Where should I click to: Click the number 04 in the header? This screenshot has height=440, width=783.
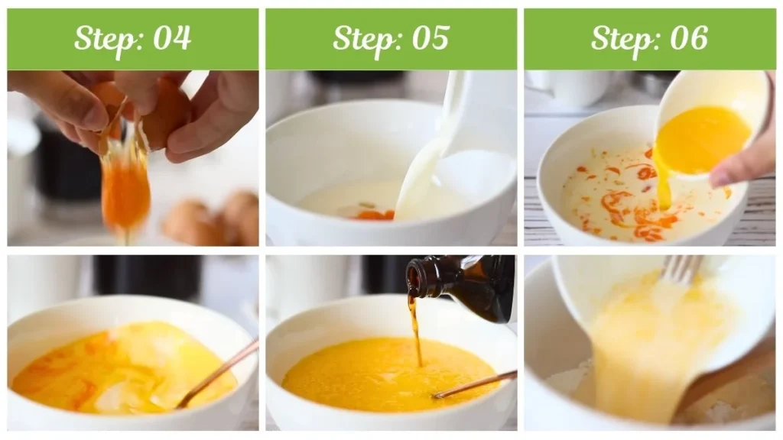[172, 38]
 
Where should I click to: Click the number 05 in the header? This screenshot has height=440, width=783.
[430, 38]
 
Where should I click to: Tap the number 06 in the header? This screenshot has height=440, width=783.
[689, 38]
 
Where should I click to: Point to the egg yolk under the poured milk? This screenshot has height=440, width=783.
[373, 215]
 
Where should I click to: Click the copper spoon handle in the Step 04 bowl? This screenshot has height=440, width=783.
[218, 373]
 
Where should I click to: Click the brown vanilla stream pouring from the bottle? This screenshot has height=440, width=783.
[415, 330]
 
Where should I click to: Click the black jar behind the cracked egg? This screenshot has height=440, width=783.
[69, 165]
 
